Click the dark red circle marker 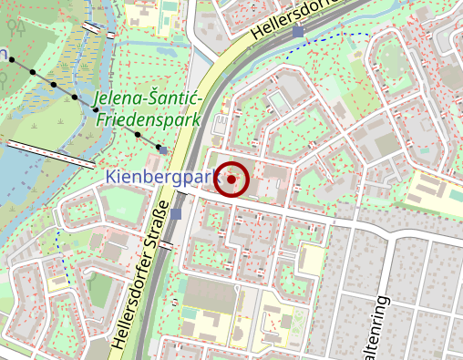(x=233, y=180)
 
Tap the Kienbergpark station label (x=159, y=176)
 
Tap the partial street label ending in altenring (x=383, y=328)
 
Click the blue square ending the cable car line (x=163, y=149)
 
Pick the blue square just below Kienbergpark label (x=176, y=214)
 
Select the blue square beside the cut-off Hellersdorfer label (x=299, y=33)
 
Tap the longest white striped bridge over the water (x=51, y=153)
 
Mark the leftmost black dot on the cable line (x=33, y=71)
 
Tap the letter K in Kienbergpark (x=110, y=176)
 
